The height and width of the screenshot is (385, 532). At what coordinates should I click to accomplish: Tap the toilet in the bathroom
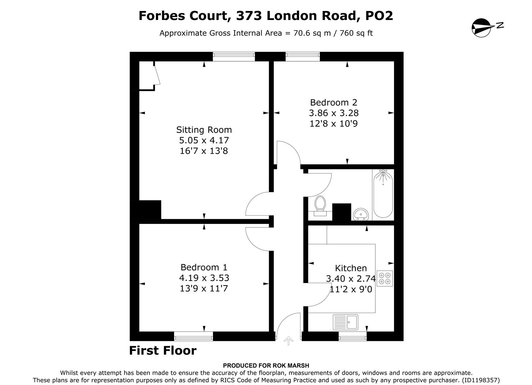point(320,205)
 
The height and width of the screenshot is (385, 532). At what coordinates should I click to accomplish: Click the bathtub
point(383,194)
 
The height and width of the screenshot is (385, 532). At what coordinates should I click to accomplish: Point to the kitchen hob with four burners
point(385,278)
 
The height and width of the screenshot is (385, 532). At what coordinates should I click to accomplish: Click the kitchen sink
point(345,322)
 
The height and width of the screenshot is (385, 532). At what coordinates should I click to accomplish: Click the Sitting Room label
point(204,130)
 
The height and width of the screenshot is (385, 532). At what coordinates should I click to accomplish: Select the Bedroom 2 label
point(333,103)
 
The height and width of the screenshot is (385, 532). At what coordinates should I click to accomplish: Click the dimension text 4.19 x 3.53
point(204,278)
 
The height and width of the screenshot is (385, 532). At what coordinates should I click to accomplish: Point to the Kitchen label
point(350,268)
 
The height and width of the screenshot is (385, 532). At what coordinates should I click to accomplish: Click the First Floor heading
point(163,351)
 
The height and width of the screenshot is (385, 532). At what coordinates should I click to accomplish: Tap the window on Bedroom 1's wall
point(193,336)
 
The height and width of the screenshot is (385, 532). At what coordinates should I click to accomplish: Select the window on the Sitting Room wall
point(234,56)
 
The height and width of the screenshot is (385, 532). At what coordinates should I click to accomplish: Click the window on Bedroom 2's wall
point(303,56)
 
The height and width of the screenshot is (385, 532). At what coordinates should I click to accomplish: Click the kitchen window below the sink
point(353,336)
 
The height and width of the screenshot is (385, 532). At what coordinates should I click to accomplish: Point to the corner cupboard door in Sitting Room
point(156,75)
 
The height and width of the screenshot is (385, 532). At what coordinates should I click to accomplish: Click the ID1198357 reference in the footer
point(480,380)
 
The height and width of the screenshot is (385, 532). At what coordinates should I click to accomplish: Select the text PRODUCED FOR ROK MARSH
point(266,365)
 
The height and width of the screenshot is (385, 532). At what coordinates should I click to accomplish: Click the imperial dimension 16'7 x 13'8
point(204,151)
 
